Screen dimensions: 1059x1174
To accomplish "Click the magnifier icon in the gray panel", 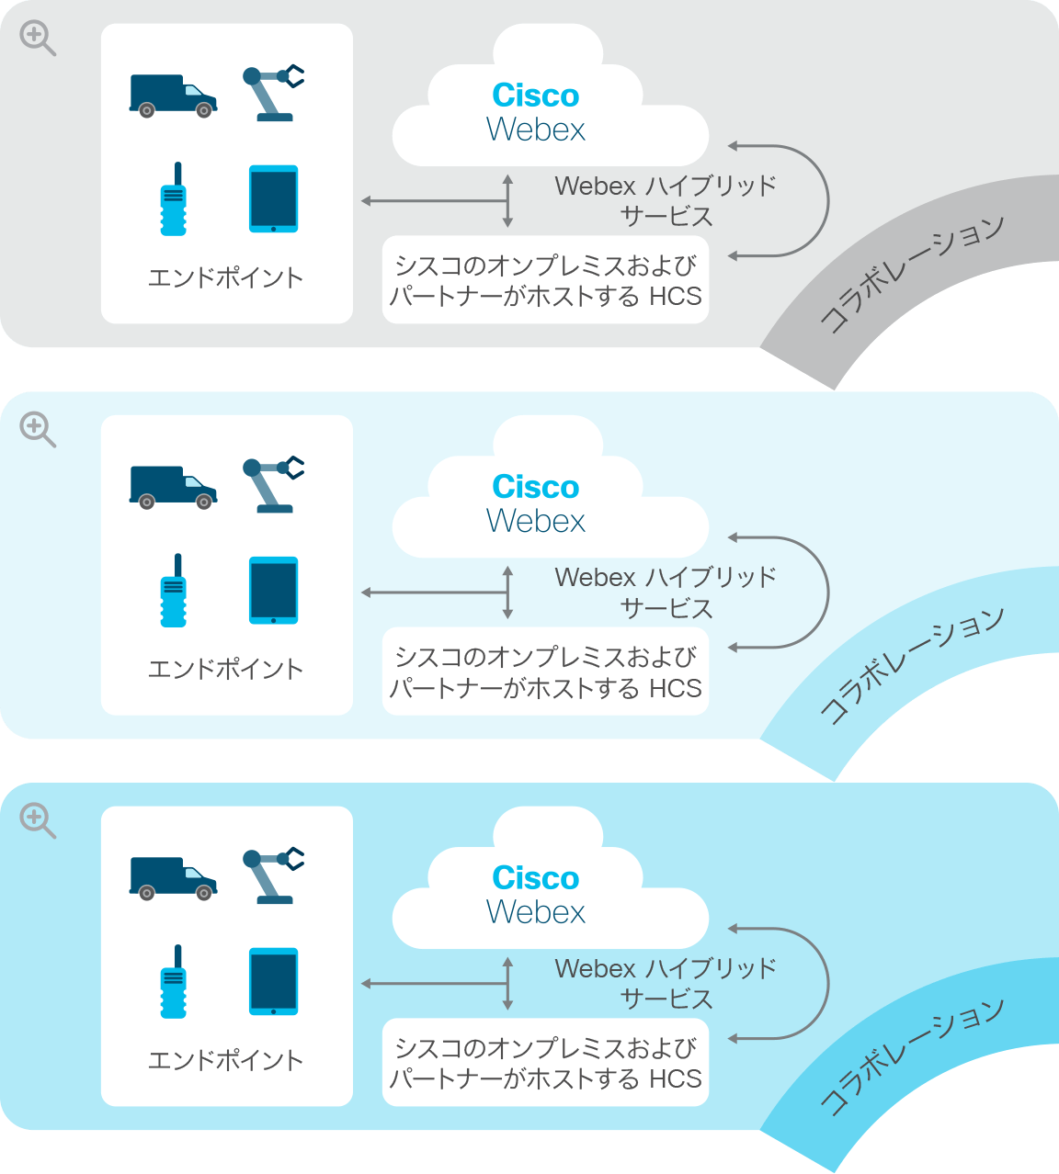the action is [x=37, y=38].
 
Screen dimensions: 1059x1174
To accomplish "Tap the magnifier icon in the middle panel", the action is [x=37, y=430].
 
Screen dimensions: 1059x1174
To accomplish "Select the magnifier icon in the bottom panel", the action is [x=37, y=820].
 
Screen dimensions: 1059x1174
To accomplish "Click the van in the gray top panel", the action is [x=173, y=96].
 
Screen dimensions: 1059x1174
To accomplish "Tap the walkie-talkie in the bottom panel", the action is [x=174, y=981].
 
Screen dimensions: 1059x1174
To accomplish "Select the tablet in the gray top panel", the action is [x=274, y=199].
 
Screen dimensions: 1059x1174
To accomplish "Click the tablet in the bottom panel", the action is [x=274, y=981].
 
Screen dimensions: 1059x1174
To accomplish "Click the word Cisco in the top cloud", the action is [x=535, y=96].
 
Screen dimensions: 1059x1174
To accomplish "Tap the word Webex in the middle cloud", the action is [x=535, y=521].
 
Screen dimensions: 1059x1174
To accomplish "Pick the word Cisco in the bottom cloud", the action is [x=535, y=878].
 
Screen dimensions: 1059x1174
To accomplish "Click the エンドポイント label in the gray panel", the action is [x=225, y=278].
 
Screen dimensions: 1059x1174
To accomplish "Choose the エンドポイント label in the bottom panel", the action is [x=225, y=1060].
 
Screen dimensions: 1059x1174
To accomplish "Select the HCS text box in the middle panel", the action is [x=545, y=672].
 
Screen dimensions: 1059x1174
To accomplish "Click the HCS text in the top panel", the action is [x=676, y=296].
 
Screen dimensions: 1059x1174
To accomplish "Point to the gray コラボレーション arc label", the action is [x=911, y=274].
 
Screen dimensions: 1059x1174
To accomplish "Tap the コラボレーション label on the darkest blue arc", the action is [x=911, y=1056].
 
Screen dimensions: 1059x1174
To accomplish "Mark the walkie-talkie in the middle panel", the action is [x=174, y=591].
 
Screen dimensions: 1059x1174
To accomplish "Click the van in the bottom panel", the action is [x=173, y=878].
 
